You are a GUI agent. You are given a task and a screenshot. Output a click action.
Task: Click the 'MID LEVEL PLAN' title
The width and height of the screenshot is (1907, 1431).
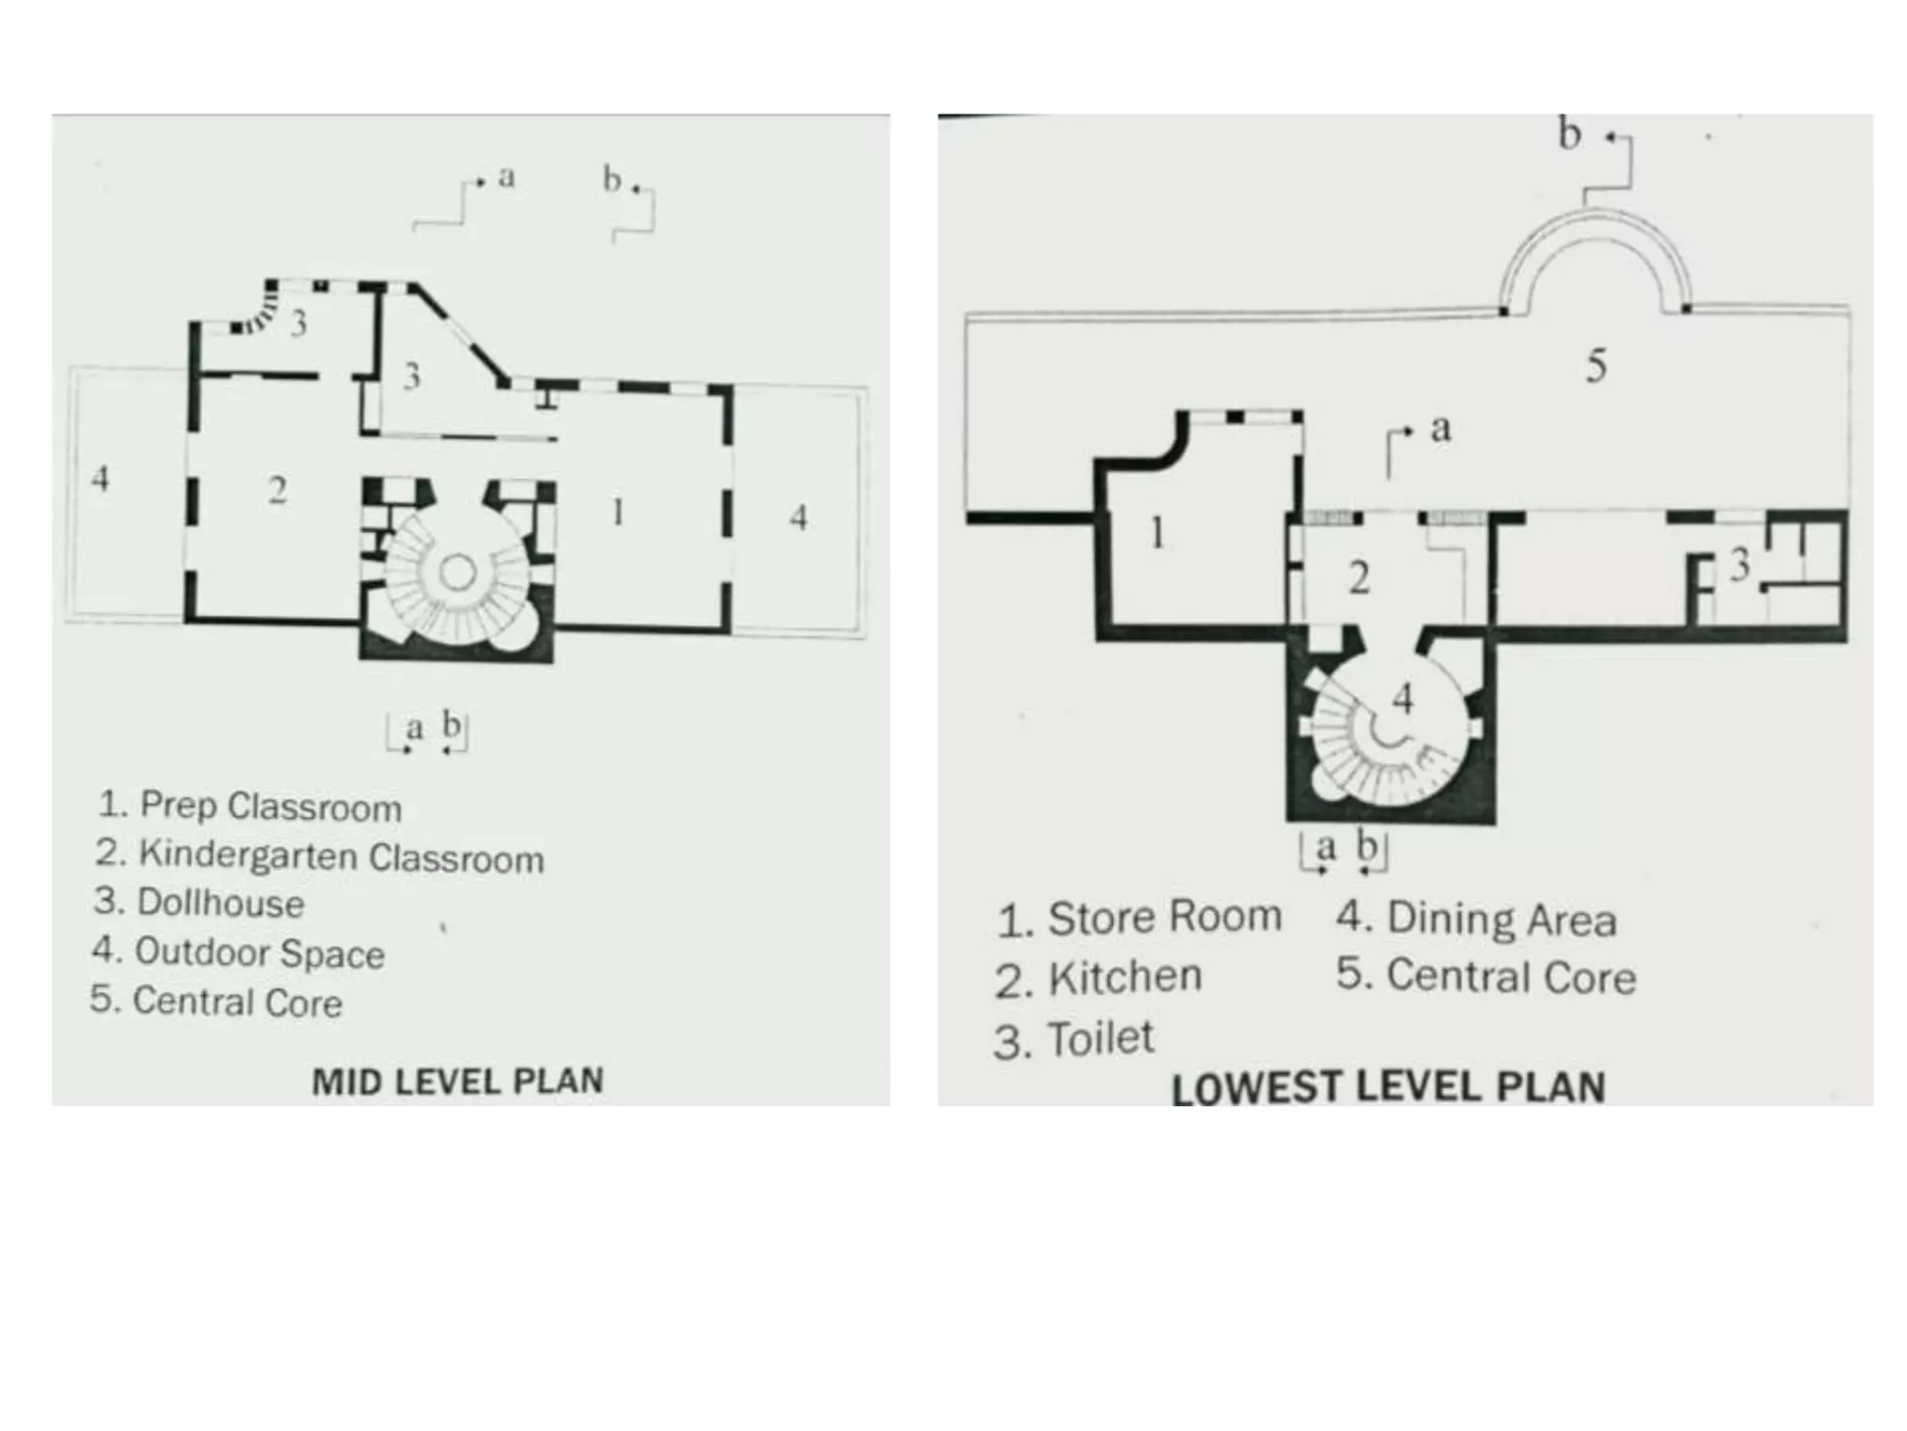pyautogui.click(x=457, y=1082)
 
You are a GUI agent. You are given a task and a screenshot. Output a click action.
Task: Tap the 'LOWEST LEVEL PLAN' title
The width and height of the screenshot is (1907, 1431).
pyautogui.click(x=1388, y=1088)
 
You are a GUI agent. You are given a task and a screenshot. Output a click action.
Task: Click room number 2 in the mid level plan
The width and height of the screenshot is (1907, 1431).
pyautogui.click(x=277, y=490)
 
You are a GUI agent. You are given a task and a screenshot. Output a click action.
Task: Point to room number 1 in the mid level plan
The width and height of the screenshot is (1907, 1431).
pyautogui.click(x=617, y=511)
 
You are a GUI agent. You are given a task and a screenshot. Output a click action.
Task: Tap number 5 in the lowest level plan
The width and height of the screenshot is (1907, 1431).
pyautogui.click(x=1596, y=365)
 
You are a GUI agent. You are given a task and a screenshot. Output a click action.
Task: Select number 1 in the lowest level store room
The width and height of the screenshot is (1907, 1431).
pyautogui.click(x=1157, y=533)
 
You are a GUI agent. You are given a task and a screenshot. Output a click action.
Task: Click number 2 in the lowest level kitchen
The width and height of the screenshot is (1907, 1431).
pyautogui.click(x=1359, y=579)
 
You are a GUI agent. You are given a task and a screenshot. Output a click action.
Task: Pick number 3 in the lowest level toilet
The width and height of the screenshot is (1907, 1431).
pyautogui.click(x=1739, y=565)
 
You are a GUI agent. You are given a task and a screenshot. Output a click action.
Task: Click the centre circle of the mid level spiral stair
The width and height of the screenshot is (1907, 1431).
pyautogui.click(x=457, y=572)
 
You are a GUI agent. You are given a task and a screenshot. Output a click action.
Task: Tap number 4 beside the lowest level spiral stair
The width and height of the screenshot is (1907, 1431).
pyautogui.click(x=1403, y=698)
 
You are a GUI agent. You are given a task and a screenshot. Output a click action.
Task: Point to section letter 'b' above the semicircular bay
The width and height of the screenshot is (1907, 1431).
pyautogui.click(x=1570, y=134)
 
